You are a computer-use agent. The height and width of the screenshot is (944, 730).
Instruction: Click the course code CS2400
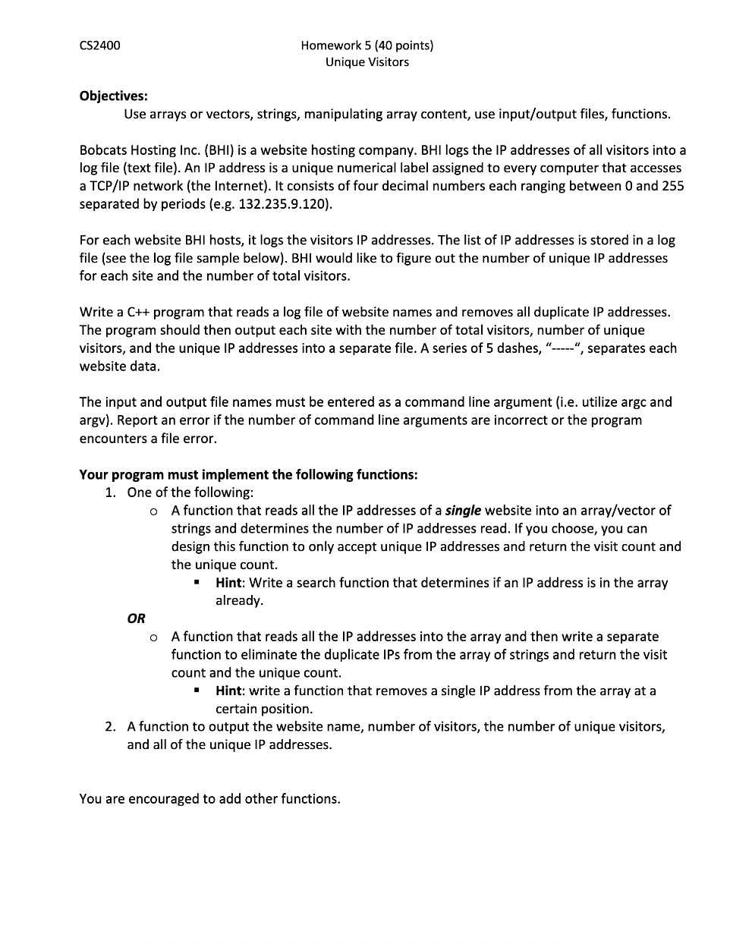click(99, 45)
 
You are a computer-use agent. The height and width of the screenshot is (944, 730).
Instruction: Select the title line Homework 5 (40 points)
click(367, 45)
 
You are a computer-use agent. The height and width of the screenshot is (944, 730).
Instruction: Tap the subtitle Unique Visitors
click(367, 62)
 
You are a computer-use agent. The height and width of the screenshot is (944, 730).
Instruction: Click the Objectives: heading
click(114, 96)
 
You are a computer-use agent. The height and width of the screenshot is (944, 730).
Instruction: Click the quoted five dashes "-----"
click(562, 348)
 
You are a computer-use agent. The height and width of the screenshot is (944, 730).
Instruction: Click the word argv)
click(97, 420)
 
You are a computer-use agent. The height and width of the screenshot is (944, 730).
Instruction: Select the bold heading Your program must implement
click(248, 475)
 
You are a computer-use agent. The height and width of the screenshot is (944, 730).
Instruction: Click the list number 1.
click(111, 492)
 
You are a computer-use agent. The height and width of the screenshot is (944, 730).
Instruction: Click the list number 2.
click(111, 727)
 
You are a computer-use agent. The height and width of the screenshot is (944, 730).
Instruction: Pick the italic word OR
click(136, 618)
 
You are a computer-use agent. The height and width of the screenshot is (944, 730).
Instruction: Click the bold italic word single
click(463, 511)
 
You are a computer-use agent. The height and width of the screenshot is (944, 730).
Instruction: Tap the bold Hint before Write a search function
click(228, 583)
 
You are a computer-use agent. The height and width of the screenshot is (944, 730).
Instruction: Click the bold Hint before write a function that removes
click(228, 691)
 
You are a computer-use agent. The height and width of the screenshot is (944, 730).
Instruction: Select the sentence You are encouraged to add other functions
click(209, 799)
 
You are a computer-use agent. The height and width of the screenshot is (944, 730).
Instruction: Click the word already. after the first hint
click(239, 600)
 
